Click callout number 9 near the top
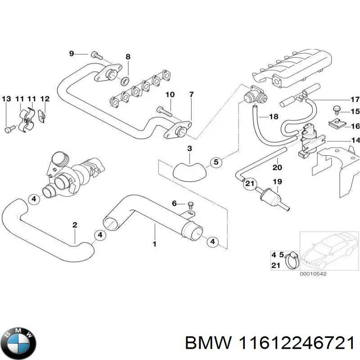click(x=71, y=54)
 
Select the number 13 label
click(x=6, y=99)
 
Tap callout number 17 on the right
click(x=355, y=99)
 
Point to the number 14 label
click(x=355, y=141)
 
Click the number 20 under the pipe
click(x=277, y=168)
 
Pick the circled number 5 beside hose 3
click(x=216, y=162)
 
